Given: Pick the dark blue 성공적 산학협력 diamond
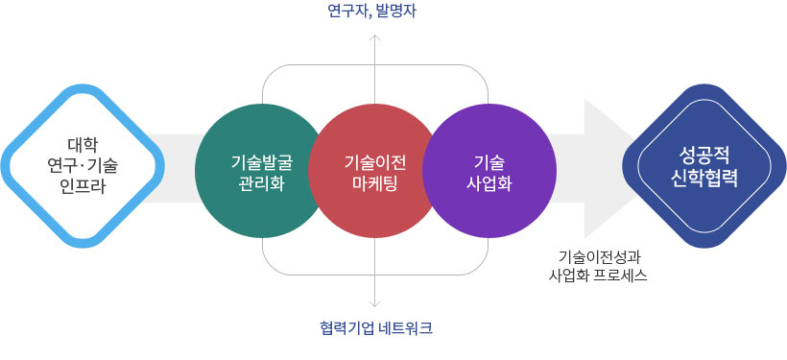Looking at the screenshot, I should click(x=708, y=164).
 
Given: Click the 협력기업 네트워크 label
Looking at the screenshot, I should click(x=376, y=327).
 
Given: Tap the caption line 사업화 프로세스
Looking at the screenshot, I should click(x=597, y=276).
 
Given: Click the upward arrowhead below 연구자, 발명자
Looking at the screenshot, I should click(x=375, y=38).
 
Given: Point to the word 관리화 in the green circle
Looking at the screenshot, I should click(x=262, y=182).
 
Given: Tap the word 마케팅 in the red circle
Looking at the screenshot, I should click(x=376, y=182).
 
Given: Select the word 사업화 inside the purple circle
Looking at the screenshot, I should click(x=489, y=182).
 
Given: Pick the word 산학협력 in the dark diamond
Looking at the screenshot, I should click(x=708, y=177).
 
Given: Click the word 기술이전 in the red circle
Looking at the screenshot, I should click(x=376, y=161).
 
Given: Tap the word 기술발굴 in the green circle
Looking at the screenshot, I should click(x=262, y=161).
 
